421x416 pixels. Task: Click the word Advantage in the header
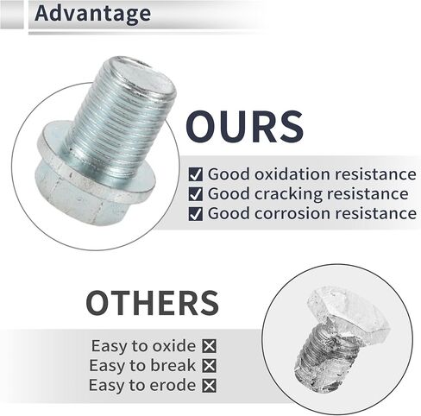point(92,14)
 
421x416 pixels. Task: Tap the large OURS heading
point(244,127)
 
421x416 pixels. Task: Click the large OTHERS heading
point(153,303)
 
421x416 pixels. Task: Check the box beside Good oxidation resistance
point(196,174)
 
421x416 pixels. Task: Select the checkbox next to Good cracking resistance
point(196,194)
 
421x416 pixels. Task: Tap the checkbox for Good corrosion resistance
point(196,214)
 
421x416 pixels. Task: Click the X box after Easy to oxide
point(209,346)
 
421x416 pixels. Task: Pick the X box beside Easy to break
point(209,366)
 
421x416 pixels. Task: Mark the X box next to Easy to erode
point(209,386)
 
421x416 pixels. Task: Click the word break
point(173,366)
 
